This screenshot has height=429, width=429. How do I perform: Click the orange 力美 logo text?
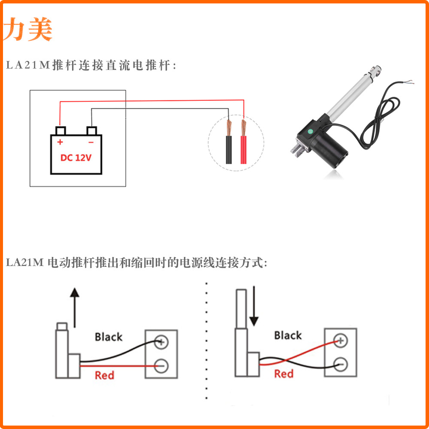pos(28,29)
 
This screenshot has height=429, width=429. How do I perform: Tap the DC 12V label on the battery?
pos(76,157)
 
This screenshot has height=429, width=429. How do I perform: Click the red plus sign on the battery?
pos(60,142)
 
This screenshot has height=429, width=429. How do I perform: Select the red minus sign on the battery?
pos(91,142)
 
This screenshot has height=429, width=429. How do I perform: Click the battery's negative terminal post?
pos(92,130)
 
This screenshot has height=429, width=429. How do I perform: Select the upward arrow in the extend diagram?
pos(75,307)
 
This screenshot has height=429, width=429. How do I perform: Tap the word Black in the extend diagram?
pos(109,337)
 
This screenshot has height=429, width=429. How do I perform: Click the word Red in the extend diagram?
pos(104,376)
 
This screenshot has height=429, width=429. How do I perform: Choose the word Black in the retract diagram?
pos(288,335)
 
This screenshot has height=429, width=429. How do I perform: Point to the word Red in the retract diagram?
pos(284,374)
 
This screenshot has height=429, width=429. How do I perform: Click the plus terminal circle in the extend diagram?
pos(161,342)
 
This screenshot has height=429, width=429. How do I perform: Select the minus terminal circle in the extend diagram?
pos(161,366)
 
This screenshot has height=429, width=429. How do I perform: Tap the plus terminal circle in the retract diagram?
pos(341,341)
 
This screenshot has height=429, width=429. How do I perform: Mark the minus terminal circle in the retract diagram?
pos(341,364)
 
